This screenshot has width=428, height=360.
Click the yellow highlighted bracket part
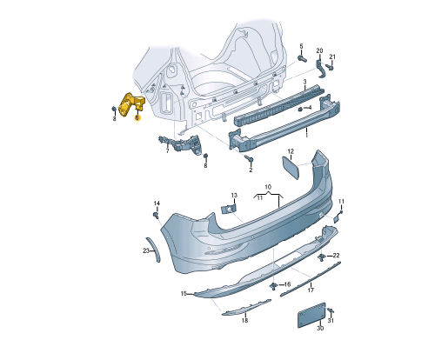[x=130, y=104]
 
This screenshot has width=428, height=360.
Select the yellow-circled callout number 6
[x=137, y=117]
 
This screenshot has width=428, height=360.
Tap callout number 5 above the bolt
[x=301, y=46]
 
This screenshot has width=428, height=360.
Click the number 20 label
[x=319, y=50]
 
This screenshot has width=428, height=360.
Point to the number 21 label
[x=332, y=57]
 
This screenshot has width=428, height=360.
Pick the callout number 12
[x=291, y=151]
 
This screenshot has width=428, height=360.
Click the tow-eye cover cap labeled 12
[x=290, y=168]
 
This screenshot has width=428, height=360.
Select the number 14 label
[x=157, y=203]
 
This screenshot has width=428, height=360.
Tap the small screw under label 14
[x=156, y=216]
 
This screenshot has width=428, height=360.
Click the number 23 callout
[x=146, y=250]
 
